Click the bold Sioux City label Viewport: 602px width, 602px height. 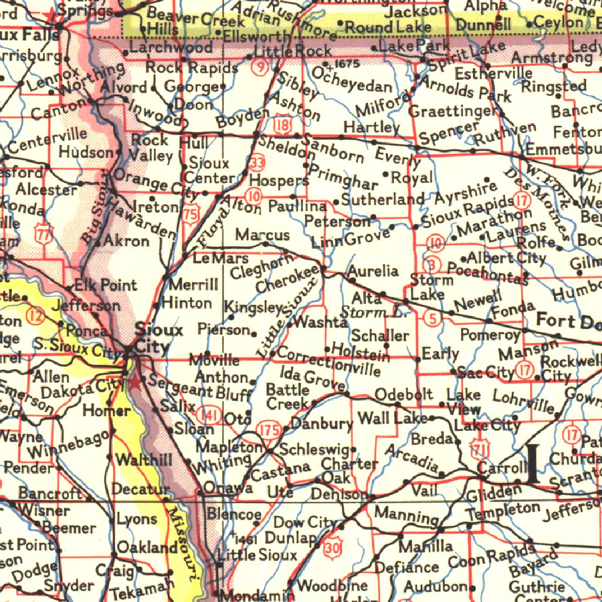(x=152, y=337)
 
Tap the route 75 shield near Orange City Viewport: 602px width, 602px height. (x=190, y=213)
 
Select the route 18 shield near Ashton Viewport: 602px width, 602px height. (x=283, y=125)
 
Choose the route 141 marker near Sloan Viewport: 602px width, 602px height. (x=210, y=415)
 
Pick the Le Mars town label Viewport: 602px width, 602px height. (x=221, y=258)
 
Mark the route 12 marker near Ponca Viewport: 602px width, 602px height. (x=36, y=317)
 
